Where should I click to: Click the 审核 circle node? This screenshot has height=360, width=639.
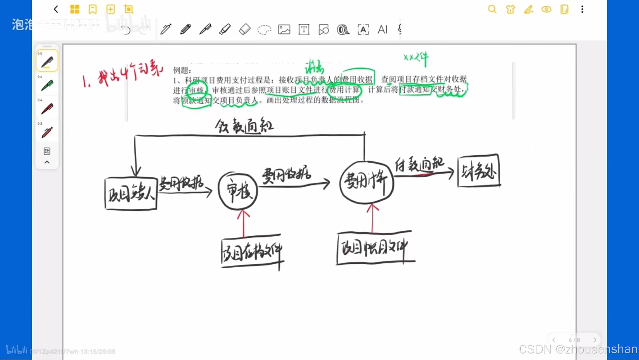(238, 191)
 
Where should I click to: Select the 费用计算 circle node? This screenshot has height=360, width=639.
(367, 182)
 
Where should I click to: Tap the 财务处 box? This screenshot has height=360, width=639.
(479, 171)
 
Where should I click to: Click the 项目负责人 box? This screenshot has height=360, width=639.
(131, 194)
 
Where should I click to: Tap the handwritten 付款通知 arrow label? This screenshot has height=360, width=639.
(419, 164)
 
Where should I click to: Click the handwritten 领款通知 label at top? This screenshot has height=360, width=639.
(244, 126)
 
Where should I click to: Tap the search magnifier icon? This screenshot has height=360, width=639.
(492, 9)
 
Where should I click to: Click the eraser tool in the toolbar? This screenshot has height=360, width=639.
(244, 29)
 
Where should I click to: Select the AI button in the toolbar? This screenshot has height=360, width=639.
(383, 29)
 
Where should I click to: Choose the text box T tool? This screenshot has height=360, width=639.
(304, 29)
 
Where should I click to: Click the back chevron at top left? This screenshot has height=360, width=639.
(56, 9)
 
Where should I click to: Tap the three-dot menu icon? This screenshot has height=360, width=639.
(582, 9)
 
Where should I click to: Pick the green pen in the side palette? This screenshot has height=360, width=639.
(47, 85)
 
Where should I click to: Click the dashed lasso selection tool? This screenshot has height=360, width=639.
(264, 30)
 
